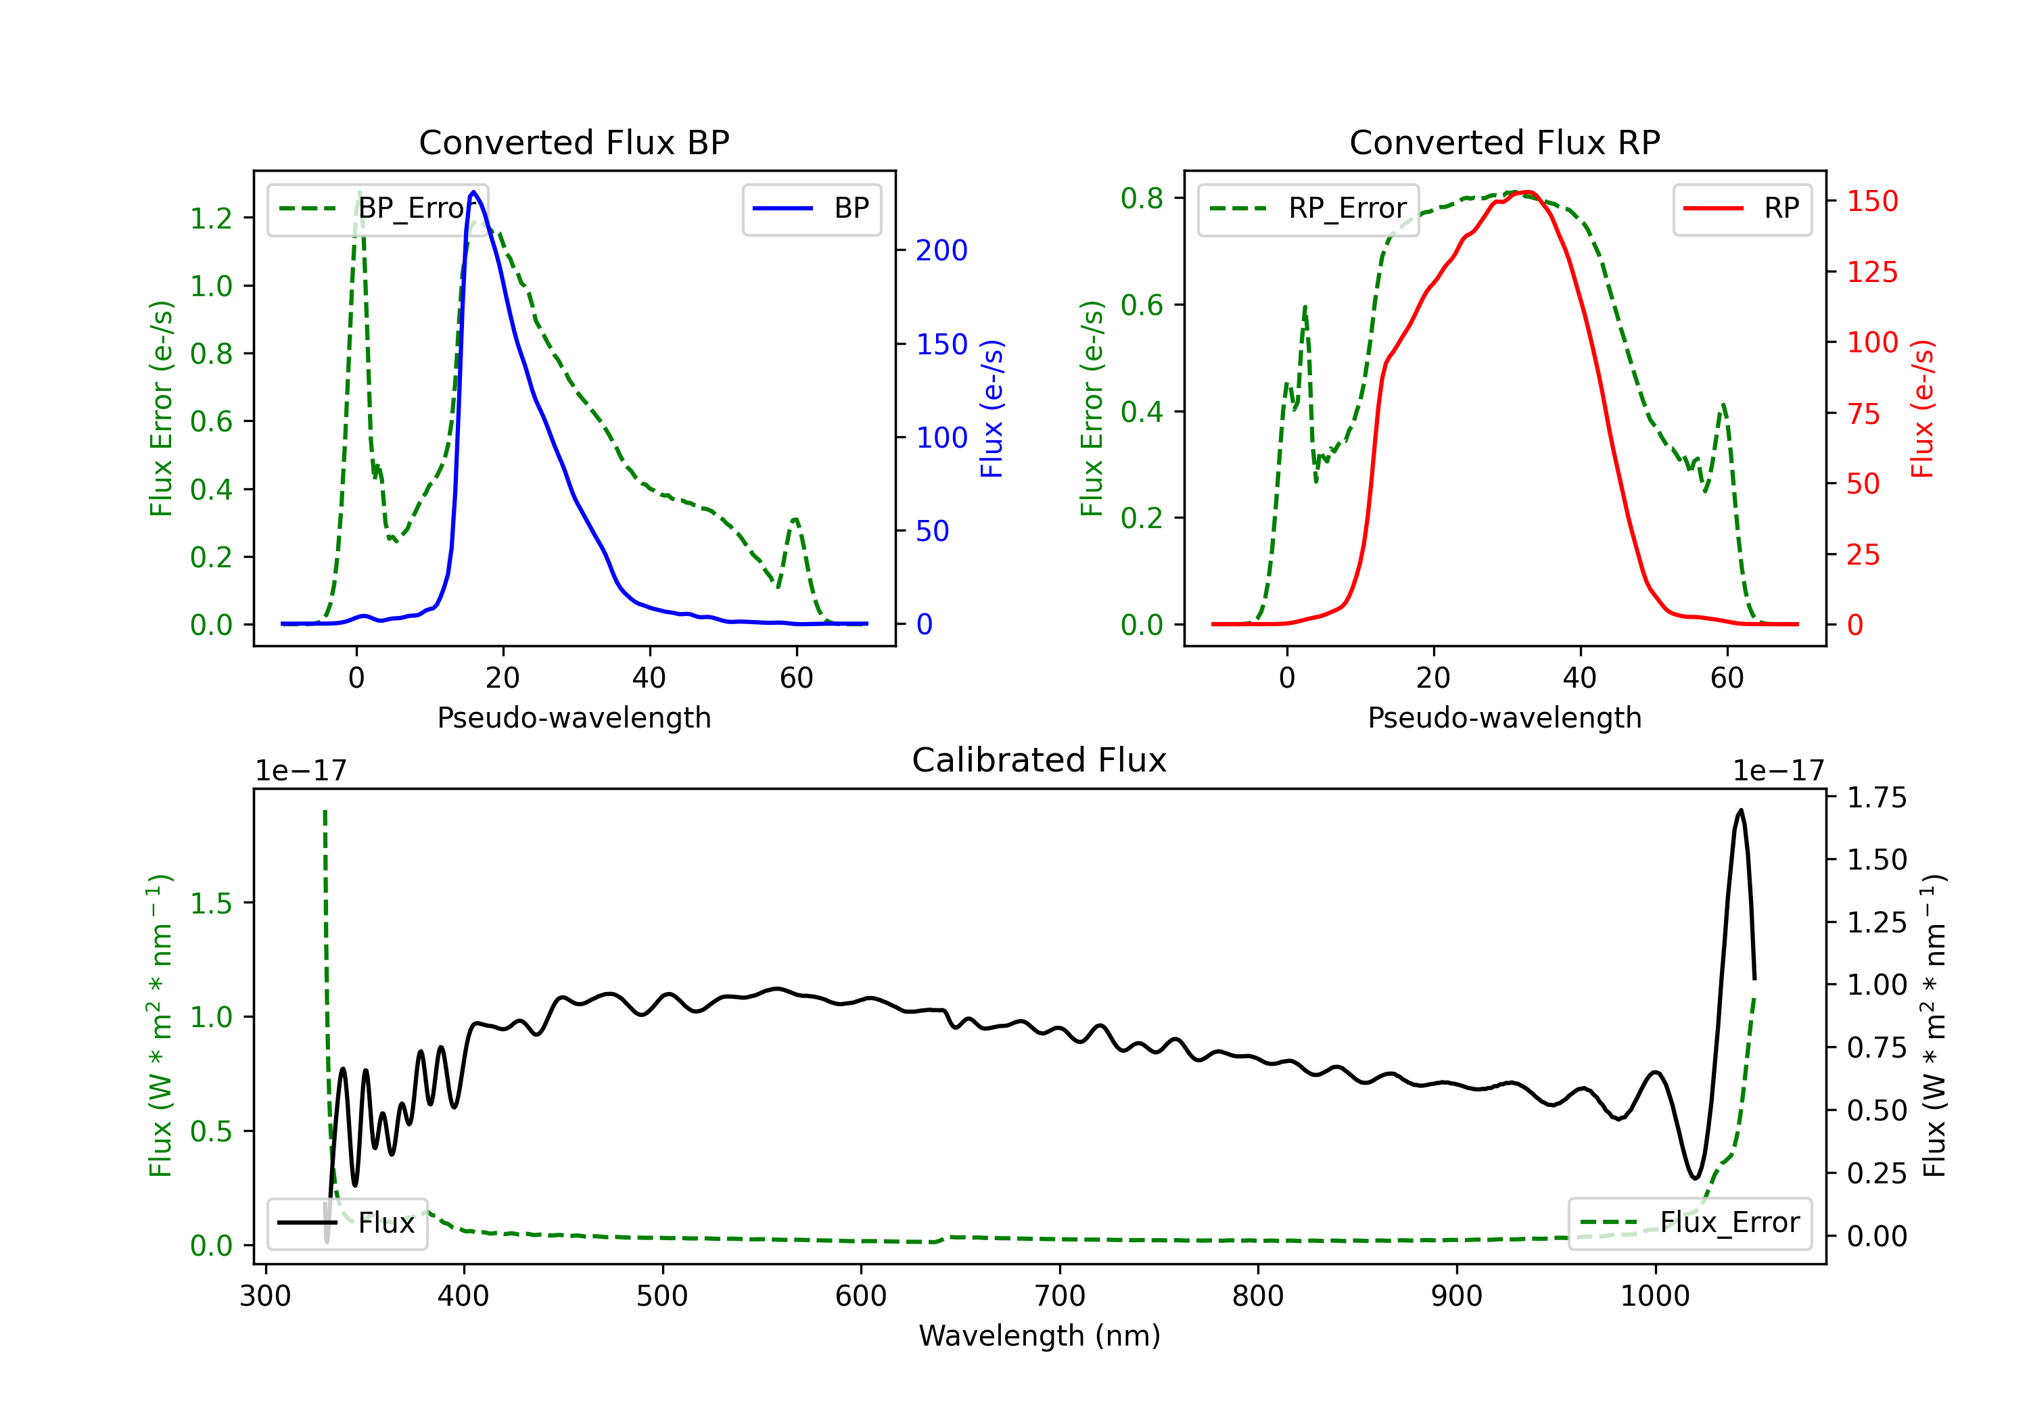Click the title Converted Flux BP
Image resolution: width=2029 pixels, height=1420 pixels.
pos(574,142)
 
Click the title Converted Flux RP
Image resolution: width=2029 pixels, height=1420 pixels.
pos(1504,142)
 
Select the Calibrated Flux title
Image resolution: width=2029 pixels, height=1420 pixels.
pos(1040,760)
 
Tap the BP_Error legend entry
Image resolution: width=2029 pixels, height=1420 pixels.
pos(377,208)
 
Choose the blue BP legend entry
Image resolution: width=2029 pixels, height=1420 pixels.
pos(811,208)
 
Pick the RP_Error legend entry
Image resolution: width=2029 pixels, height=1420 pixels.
pos(1308,208)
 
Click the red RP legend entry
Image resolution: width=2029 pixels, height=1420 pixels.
pos(1742,208)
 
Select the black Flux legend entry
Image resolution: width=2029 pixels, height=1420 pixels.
pos(346,1223)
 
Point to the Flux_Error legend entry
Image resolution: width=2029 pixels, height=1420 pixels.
pos(1689,1223)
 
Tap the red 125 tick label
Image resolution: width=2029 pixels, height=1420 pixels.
pos(1871,272)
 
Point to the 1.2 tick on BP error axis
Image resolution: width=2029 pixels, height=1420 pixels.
pos(211,218)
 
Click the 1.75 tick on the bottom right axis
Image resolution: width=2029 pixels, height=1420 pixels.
pos(1877,798)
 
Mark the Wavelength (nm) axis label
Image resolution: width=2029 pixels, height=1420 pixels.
pos(1040,1336)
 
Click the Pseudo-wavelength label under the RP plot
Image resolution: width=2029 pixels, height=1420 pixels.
pos(1504,717)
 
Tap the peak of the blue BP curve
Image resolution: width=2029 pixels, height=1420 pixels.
pos(473,192)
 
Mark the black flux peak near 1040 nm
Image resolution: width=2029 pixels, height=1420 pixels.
pos(1740,810)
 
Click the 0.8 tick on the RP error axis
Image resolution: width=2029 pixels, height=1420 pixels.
pos(1142,198)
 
